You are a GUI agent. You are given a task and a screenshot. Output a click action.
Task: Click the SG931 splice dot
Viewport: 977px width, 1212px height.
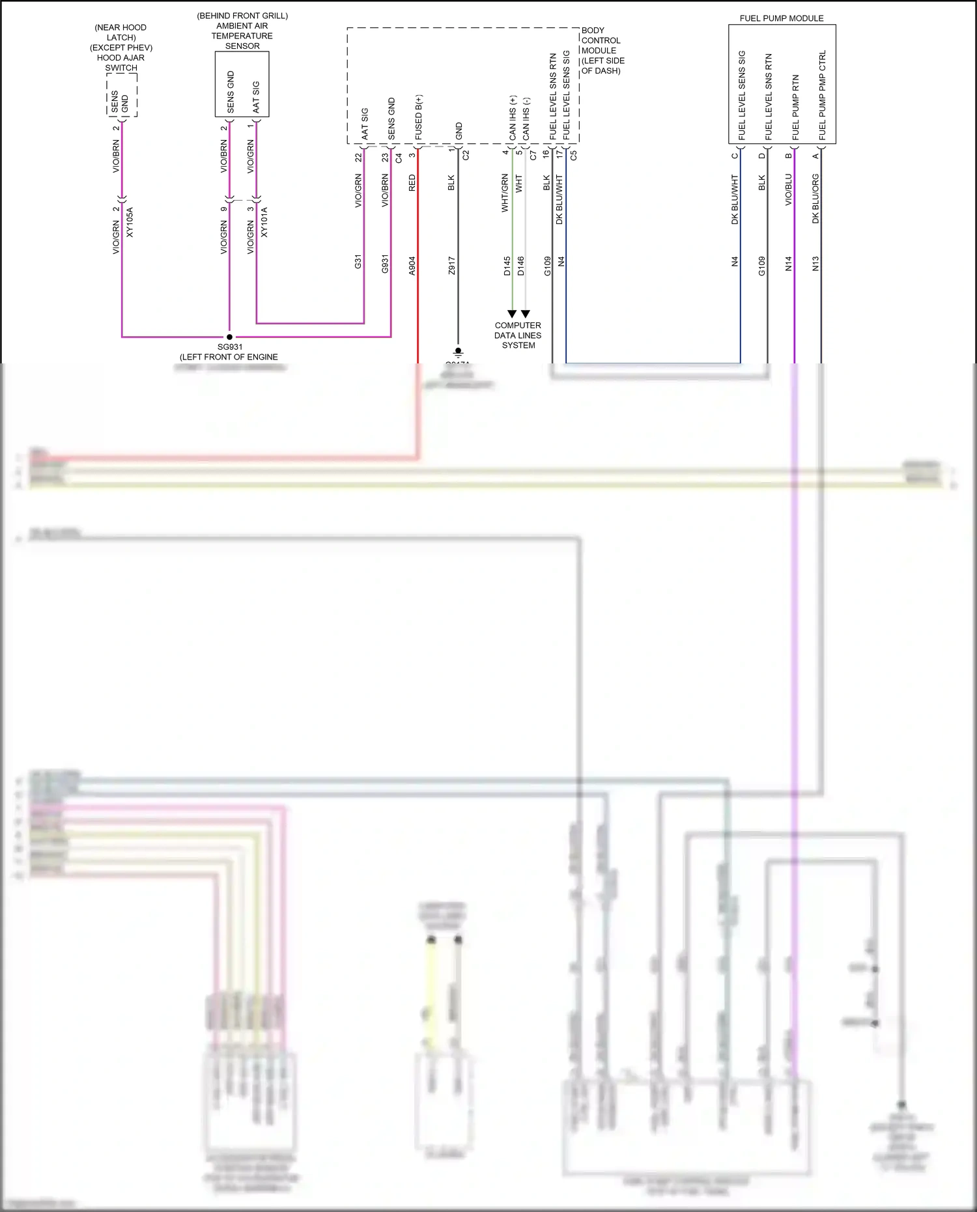point(229,337)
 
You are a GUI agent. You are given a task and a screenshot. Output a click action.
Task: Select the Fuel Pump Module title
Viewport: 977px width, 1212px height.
point(781,18)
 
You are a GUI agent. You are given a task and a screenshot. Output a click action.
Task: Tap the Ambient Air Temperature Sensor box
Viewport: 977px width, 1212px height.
point(242,85)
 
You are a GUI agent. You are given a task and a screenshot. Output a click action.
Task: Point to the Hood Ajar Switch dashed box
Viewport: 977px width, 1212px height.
point(122,95)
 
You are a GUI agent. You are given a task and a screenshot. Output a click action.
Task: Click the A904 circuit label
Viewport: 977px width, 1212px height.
point(412,266)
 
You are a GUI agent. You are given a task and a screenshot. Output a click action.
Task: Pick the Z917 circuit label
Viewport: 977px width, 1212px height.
point(451,266)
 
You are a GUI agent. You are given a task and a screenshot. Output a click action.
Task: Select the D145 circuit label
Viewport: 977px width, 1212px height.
point(507,266)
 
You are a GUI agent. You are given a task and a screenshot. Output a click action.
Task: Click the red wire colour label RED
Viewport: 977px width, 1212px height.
point(412,183)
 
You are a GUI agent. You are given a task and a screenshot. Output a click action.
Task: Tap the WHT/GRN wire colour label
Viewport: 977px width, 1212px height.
point(505,193)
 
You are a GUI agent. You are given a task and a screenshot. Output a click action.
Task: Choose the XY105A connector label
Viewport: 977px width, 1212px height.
point(130,222)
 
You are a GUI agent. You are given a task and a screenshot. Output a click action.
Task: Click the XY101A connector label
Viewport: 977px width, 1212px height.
point(264,222)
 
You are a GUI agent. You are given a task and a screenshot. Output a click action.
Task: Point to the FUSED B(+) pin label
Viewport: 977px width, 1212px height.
point(418,117)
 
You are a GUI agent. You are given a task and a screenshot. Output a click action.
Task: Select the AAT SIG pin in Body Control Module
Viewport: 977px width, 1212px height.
point(365,124)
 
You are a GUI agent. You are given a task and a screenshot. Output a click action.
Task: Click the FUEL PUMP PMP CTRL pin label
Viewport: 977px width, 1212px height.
point(822,96)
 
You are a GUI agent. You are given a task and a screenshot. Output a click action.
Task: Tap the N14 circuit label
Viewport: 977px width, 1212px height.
point(788,263)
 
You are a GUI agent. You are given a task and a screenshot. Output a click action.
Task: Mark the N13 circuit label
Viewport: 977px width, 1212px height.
point(815,263)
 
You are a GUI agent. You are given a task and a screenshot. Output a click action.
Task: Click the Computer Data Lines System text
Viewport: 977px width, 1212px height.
point(518,335)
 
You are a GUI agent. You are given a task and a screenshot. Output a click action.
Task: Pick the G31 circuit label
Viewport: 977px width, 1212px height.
point(358,262)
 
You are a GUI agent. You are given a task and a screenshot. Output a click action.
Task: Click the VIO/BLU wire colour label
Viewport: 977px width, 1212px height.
point(788,190)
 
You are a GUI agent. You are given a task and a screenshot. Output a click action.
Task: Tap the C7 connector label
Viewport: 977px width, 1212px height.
point(533,155)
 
